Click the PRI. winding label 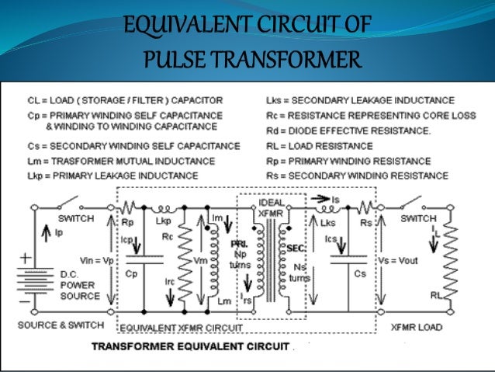click(239, 243)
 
